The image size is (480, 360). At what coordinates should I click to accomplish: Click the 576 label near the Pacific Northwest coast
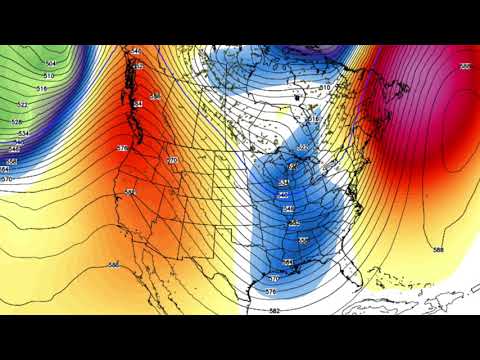point(122,148)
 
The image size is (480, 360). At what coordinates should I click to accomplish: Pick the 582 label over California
point(131,191)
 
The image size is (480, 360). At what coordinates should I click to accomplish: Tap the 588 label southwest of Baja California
point(114,264)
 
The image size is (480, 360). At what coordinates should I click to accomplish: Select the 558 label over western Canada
point(154,96)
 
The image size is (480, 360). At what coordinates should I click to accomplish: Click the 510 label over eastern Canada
point(324,88)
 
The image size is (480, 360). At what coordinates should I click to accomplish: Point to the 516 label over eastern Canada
point(312,119)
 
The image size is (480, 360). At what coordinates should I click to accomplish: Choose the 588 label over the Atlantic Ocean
point(437,250)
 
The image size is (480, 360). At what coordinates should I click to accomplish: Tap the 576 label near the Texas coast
point(271,291)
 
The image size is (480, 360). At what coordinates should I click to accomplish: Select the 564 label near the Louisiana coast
point(288,262)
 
